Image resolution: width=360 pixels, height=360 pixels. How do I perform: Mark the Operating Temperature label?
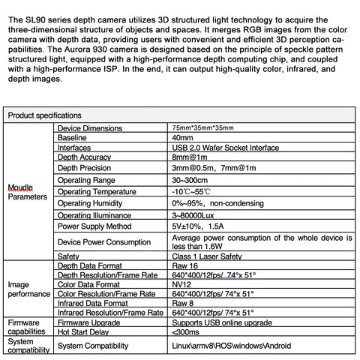[98, 191]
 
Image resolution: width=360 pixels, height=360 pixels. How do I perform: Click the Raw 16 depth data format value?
[186, 265]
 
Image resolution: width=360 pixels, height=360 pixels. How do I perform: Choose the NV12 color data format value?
[182, 284]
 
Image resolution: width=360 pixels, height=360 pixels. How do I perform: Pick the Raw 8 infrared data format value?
[184, 303]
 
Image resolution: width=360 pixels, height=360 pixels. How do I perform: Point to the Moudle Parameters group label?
[25, 192]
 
